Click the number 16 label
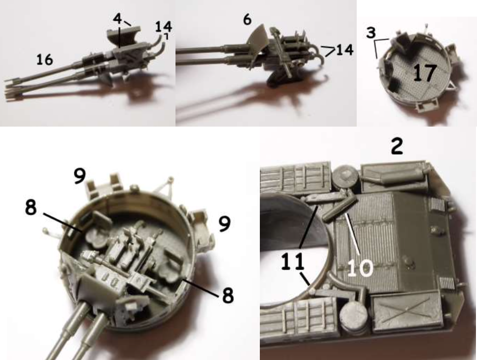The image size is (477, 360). point(45,59)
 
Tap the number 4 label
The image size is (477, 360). point(117,19)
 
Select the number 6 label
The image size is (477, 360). point(247,19)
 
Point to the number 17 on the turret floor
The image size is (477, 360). point(425,73)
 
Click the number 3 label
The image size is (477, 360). point(371,32)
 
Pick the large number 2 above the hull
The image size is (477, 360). point(397,146)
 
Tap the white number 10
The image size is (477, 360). point(360,268)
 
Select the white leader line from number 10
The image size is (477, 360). point(352,234)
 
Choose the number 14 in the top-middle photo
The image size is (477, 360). point(345,50)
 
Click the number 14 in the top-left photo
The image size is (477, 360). point(164,27)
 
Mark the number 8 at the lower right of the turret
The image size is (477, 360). point(228,295)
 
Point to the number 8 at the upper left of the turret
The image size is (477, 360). point(31,207)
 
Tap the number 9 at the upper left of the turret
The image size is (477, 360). point(80,176)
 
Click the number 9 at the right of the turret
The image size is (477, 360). point(224,224)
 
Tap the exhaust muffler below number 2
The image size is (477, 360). point(395,176)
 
